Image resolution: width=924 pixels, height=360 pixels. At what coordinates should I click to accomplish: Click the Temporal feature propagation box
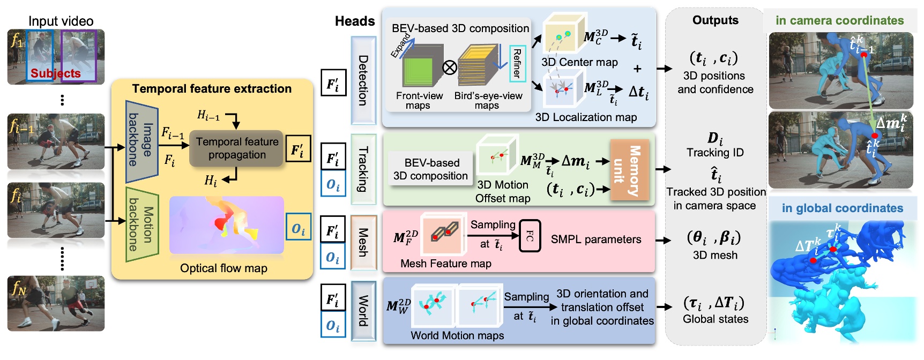(x=236, y=148)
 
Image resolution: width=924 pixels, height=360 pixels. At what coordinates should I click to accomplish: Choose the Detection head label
(x=363, y=80)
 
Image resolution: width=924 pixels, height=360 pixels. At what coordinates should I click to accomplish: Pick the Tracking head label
(x=363, y=169)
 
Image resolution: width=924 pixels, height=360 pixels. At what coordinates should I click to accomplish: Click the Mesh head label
(x=363, y=242)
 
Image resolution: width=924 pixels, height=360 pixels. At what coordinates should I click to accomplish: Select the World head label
(x=363, y=310)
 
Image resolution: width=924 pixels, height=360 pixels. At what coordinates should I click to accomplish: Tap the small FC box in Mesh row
(x=530, y=236)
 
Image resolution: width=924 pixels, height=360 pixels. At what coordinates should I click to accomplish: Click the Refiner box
(x=517, y=64)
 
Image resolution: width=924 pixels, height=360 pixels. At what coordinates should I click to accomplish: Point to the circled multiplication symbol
(x=450, y=67)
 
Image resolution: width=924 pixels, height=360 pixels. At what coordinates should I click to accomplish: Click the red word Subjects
(x=55, y=73)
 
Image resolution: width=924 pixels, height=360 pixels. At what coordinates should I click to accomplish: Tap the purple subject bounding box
(x=78, y=56)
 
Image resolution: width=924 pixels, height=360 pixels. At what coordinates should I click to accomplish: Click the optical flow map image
(x=226, y=225)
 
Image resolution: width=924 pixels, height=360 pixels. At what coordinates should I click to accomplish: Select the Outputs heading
(x=715, y=20)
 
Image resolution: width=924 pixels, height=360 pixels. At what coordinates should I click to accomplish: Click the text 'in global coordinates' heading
(x=842, y=208)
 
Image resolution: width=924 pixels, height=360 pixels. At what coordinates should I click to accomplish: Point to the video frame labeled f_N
(x=56, y=303)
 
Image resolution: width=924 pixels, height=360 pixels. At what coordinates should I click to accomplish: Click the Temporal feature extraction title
(x=212, y=89)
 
